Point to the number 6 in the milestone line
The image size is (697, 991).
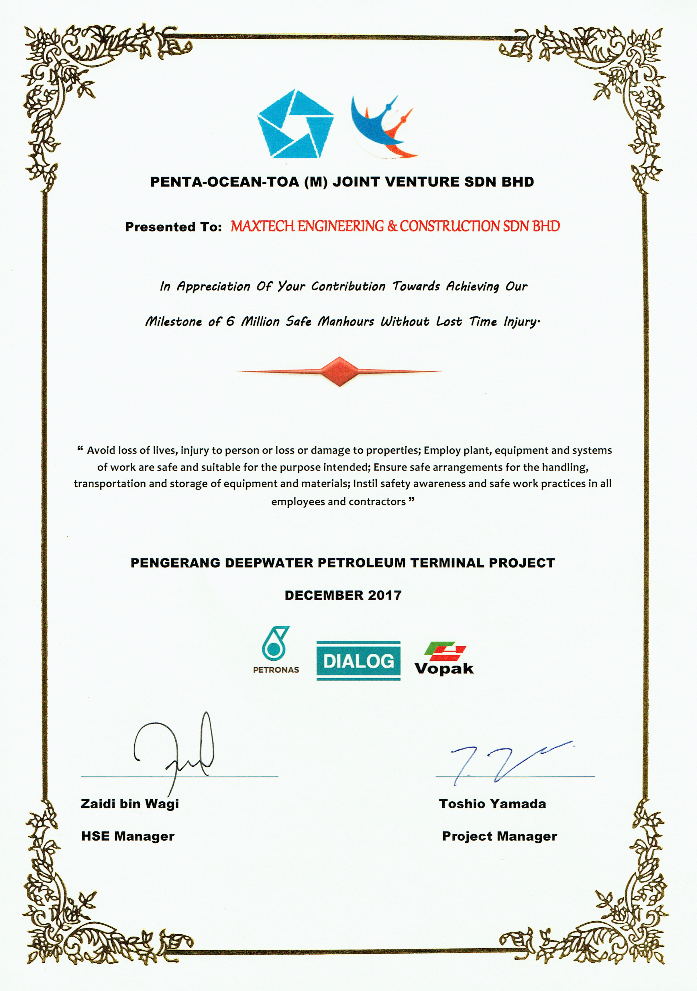coord(230,321)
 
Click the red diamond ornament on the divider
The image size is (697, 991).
coord(340,372)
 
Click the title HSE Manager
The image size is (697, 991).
coord(128,837)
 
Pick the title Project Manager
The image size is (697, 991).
coord(499,837)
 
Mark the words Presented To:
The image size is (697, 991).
coord(174,227)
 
